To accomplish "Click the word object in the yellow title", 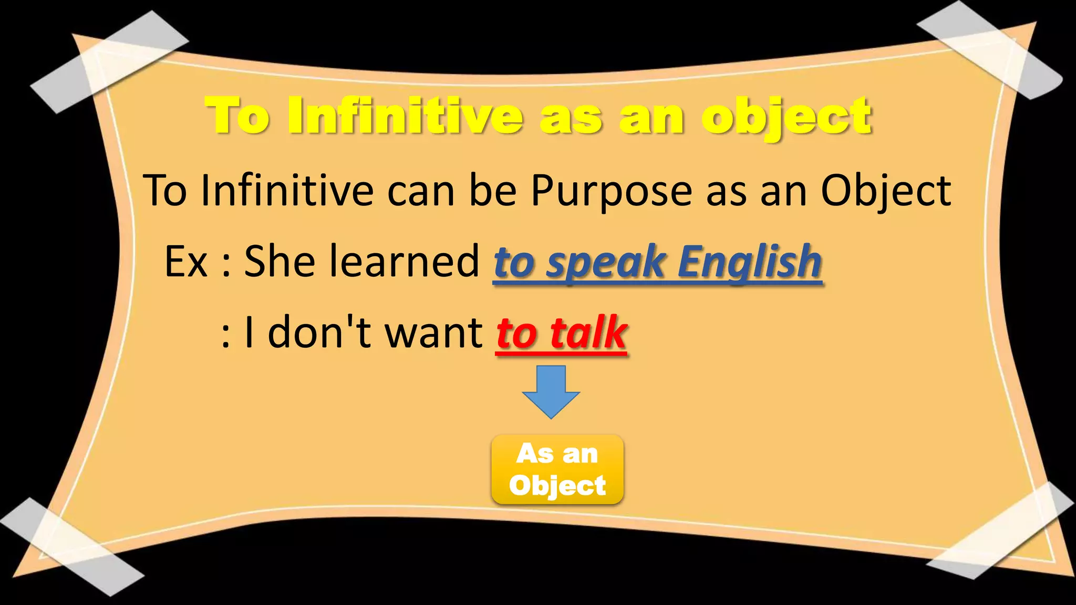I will tap(787, 117).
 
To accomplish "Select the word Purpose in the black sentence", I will tap(612, 191).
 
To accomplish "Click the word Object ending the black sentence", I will tap(885, 191).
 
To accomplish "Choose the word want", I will tap(434, 332).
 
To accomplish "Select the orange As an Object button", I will tap(557, 470).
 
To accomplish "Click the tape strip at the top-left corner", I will tap(109, 62).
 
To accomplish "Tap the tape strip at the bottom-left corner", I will tap(71, 546).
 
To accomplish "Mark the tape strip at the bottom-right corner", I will tap(1001, 530).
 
